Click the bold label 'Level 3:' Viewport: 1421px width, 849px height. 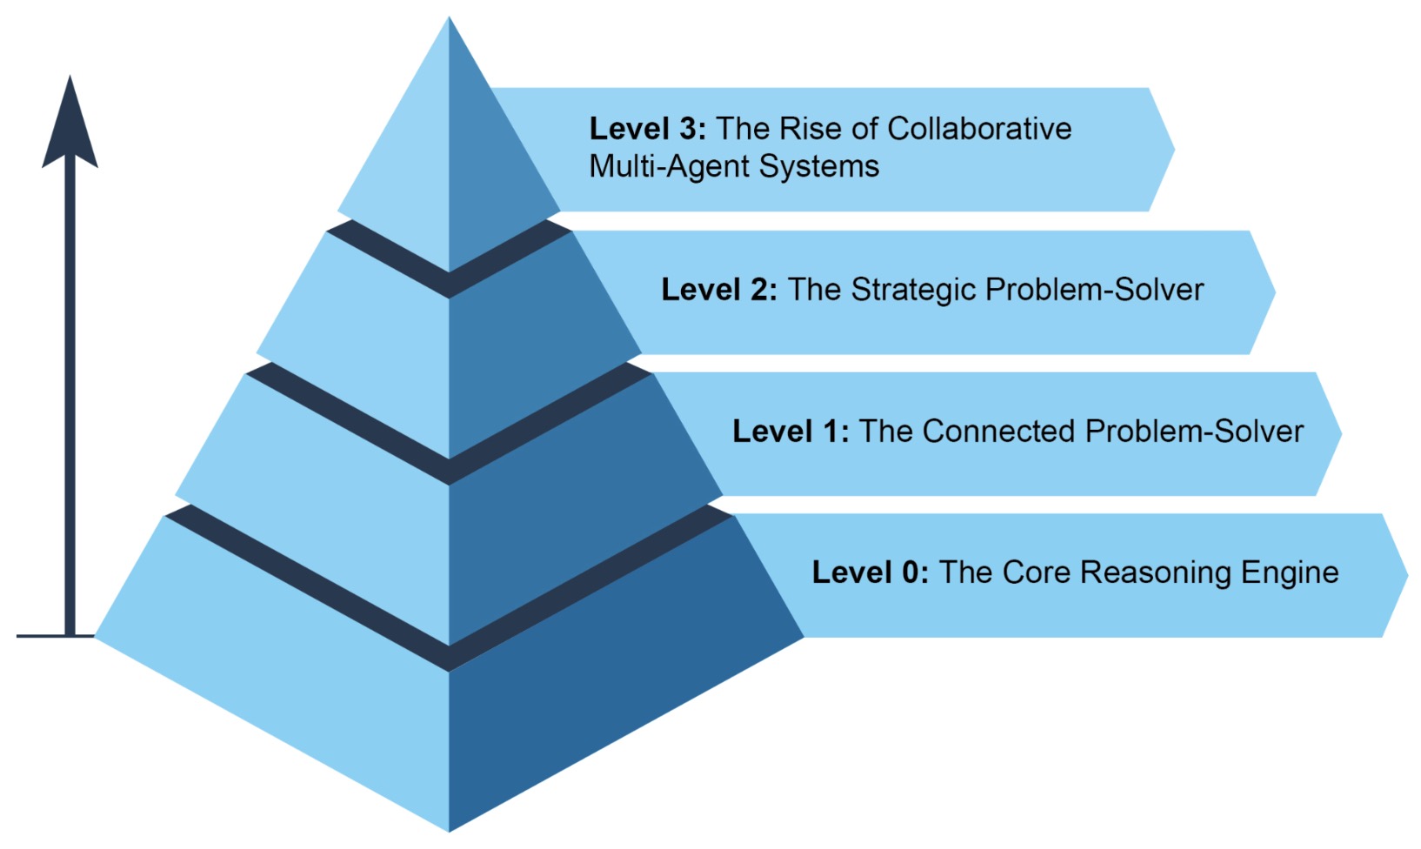click(647, 129)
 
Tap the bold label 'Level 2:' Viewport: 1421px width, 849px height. click(719, 290)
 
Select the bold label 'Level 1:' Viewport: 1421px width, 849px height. click(791, 431)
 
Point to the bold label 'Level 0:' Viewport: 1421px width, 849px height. click(871, 572)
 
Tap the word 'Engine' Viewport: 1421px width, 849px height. click(1290, 572)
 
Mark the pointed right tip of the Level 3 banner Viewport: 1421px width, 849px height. click(1173, 150)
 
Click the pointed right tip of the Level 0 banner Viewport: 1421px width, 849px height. click(1405, 575)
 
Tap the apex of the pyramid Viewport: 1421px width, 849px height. click(449, 19)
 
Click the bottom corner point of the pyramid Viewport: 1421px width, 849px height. click(449, 830)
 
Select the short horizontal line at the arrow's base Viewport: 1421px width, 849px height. click(43, 636)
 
